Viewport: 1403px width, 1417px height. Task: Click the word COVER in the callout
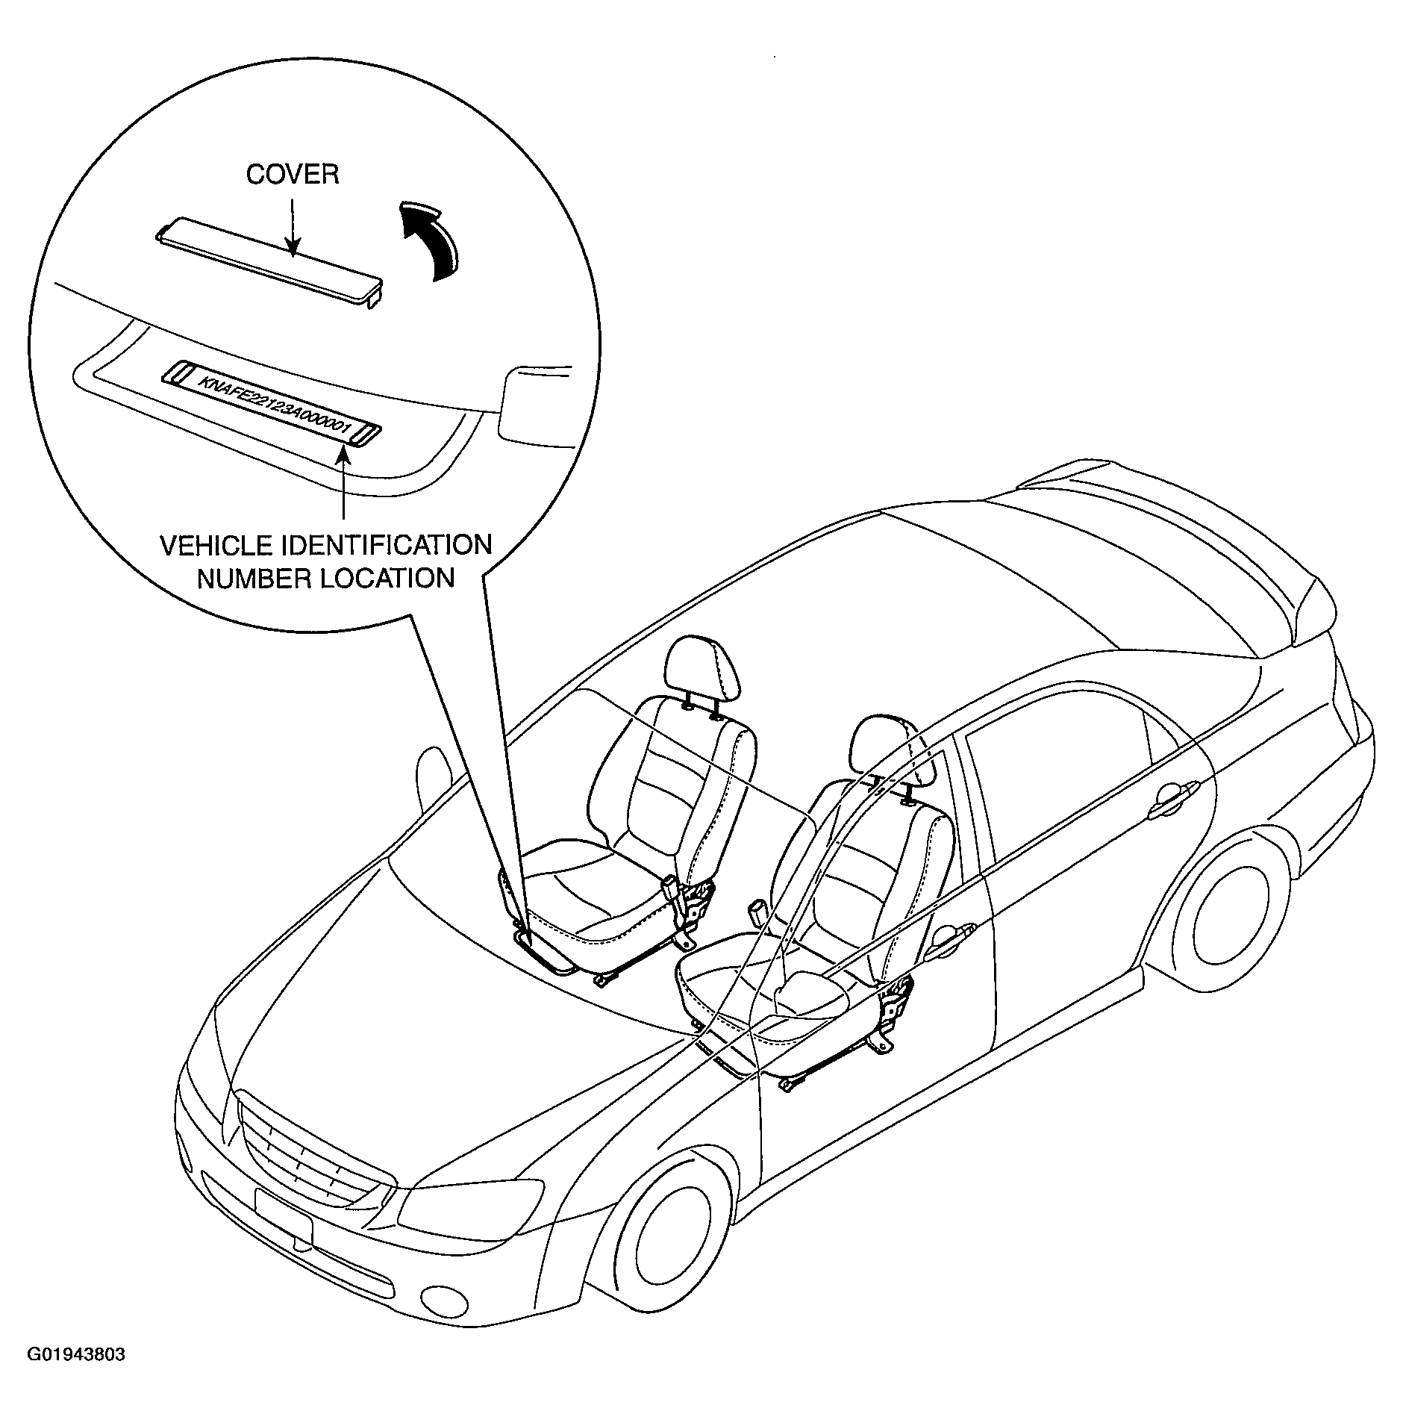point(293,174)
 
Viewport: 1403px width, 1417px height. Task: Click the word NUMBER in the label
point(254,578)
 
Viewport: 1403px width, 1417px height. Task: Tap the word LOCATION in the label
point(387,578)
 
